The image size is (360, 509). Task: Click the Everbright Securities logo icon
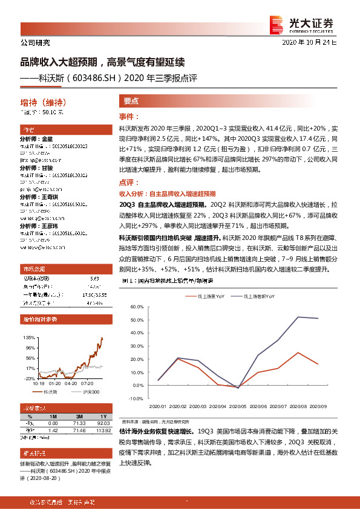tap(278, 24)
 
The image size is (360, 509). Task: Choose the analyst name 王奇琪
tap(50, 197)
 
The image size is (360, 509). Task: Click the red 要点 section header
tap(131, 102)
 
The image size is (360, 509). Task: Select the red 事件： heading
tap(129, 116)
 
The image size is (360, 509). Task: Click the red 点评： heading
tap(129, 182)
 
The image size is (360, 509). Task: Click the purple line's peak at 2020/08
tap(298, 317)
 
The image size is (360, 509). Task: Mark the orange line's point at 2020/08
tap(298, 352)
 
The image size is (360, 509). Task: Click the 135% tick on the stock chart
tap(28, 337)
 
